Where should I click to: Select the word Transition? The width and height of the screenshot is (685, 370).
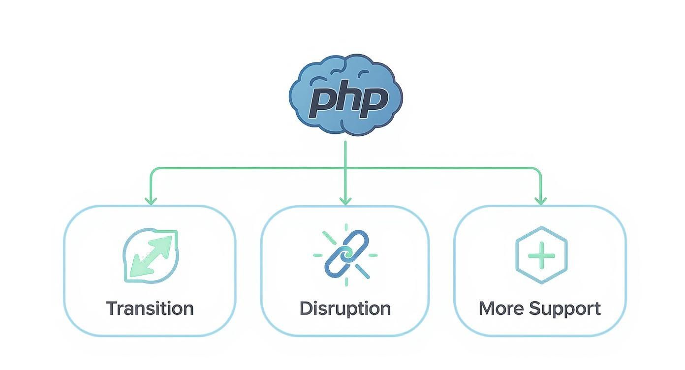(150, 308)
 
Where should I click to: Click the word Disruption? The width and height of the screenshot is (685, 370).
(345, 308)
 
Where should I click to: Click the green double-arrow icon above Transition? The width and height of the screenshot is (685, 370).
(151, 256)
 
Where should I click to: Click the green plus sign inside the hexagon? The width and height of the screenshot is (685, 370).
(541, 255)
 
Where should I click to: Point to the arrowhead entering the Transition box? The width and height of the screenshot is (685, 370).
(151, 201)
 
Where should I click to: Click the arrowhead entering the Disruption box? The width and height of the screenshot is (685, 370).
(345, 201)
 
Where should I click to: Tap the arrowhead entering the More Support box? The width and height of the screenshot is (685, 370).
(540, 201)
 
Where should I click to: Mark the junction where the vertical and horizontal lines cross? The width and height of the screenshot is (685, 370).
(345, 168)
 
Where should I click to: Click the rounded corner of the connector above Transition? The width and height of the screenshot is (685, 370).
(153, 170)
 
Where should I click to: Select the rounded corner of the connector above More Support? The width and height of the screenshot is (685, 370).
(538, 170)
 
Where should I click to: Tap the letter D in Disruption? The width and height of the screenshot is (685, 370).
(306, 308)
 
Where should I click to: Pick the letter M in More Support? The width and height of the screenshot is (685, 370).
(488, 308)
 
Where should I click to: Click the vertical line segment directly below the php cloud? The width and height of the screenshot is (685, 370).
(345, 154)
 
